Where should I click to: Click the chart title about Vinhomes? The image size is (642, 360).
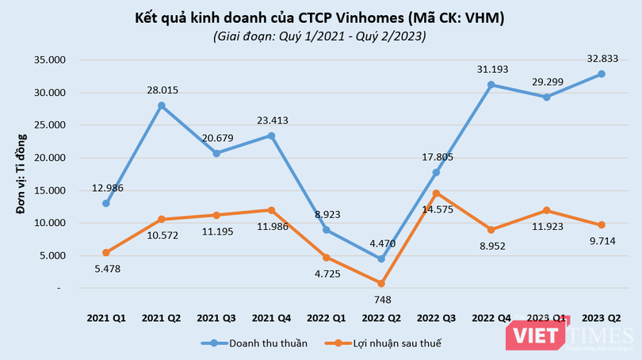pos(320,17)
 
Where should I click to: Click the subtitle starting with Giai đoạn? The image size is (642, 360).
pos(320,36)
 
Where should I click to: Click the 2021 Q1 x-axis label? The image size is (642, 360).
pos(105,317)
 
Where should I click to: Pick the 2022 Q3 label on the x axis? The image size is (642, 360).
pos(436,317)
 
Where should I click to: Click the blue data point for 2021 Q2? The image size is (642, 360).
pos(161,105)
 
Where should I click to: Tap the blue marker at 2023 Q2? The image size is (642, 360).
pos(602,74)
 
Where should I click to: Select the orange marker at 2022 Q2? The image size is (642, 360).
pos(381,283)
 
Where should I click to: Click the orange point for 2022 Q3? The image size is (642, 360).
pos(436,193)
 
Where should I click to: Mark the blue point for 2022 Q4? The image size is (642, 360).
pos(491,85)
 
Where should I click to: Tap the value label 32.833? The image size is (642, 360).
pos(602,59)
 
